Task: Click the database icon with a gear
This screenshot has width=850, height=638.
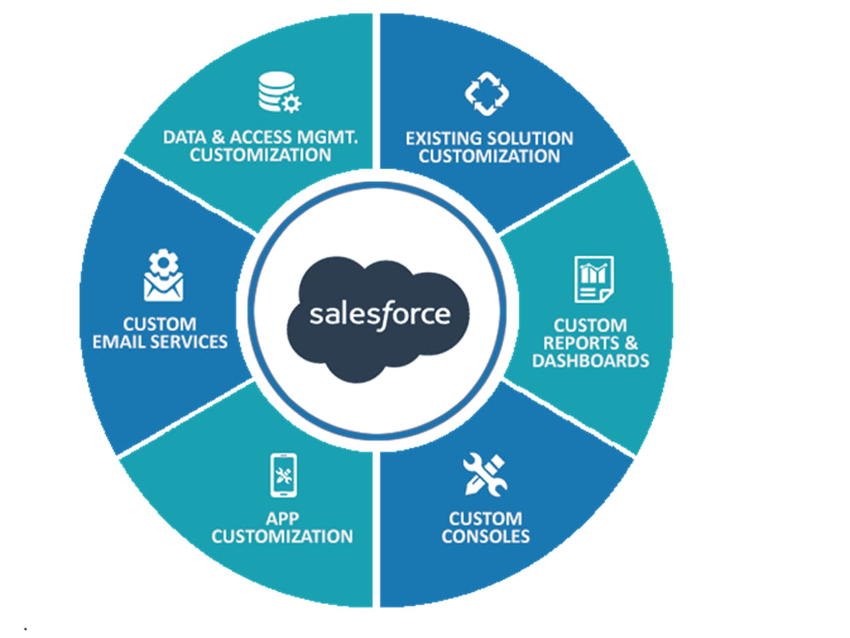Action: click(278, 93)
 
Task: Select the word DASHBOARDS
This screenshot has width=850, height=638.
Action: click(590, 360)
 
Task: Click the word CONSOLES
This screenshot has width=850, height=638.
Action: click(485, 536)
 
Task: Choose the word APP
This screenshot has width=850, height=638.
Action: click(281, 518)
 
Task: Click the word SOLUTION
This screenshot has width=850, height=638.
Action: click(531, 138)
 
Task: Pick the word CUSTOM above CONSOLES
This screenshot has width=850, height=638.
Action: click(485, 518)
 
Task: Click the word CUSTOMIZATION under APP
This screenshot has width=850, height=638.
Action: click(281, 536)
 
